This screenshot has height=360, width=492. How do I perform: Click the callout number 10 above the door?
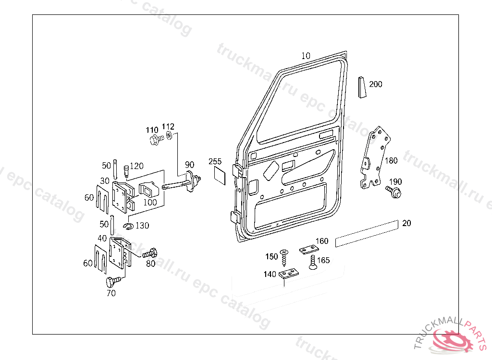click(x=306, y=56)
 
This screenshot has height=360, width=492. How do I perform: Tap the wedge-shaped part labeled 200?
click(x=362, y=87)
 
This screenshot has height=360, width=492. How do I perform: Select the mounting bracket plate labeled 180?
click(x=375, y=158)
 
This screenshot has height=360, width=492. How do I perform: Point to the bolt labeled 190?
click(x=394, y=192)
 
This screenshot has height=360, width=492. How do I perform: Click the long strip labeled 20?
click(x=367, y=233)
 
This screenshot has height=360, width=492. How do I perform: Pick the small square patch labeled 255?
click(x=220, y=176)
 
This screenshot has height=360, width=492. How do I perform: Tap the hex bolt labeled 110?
click(x=156, y=139)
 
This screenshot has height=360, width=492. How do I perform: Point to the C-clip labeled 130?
click(x=128, y=226)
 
